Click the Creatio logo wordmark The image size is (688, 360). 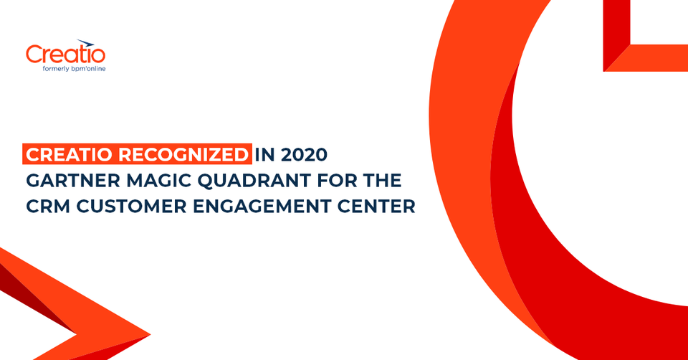click(65, 55)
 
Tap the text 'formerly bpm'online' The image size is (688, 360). click(70, 69)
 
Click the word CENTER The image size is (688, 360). click(379, 207)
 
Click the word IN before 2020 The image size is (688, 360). click(265, 155)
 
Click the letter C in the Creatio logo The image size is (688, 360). click(34, 55)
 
